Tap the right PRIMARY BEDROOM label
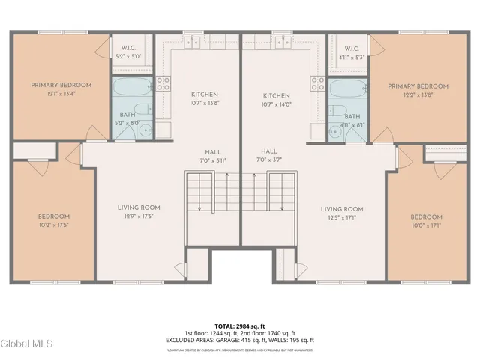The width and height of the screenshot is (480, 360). tap(418, 86)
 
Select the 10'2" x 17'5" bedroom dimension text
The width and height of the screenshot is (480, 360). tap(54, 225)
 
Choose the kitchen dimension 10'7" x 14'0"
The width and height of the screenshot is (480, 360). tap(276, 104)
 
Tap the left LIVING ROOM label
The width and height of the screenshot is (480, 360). tap(139, 208)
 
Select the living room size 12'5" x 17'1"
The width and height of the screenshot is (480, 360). tap(342, 217)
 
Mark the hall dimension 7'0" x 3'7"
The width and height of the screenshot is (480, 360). tap(269, 160)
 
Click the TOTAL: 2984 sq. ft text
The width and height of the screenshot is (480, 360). tap(241, 325)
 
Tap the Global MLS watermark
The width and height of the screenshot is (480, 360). tap(27, 343)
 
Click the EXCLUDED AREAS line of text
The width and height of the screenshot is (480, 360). tap(241, 340)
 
